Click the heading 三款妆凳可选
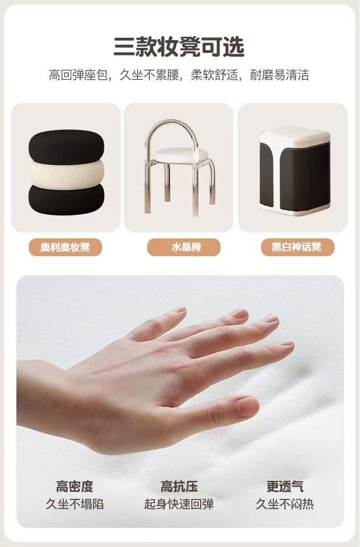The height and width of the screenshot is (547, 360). (x=179, y=46)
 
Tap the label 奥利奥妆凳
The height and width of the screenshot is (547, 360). (x=65, y=247)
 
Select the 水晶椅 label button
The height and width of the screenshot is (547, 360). (x=184, y=247)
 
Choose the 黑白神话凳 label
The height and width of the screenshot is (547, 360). (x=298, y=247)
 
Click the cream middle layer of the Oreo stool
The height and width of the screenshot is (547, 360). (x=67, y=171)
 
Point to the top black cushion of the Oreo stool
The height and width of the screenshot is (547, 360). (x=67, y=145)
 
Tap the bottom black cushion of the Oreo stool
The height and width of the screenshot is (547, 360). (x=67, y=200)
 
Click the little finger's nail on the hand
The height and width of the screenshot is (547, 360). (x=180, y=310)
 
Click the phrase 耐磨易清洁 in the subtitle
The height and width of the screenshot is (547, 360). (x=279, y=75)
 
